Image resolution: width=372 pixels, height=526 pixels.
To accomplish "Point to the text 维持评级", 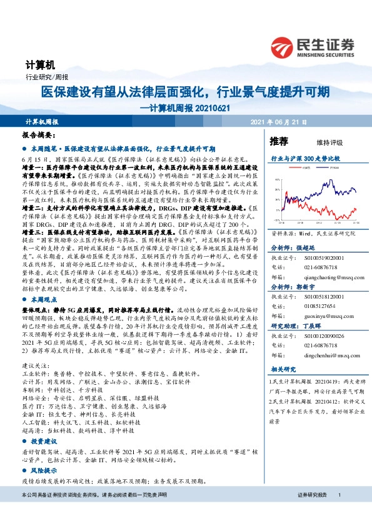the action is tap(319, 142).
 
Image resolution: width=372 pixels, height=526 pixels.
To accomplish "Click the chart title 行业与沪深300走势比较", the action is tap(305, 159).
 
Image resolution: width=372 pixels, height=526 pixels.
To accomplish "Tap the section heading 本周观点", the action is tap(43, 300).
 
